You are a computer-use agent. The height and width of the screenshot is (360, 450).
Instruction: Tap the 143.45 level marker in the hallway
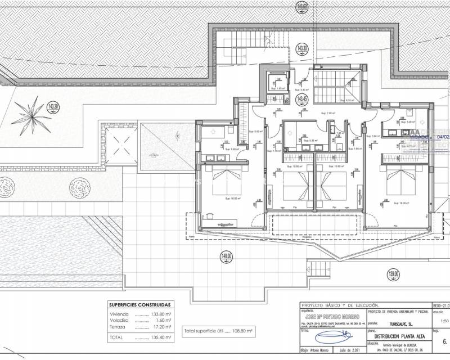click(302, 100)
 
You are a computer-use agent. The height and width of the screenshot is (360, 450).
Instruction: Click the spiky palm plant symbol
click(34, 112)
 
